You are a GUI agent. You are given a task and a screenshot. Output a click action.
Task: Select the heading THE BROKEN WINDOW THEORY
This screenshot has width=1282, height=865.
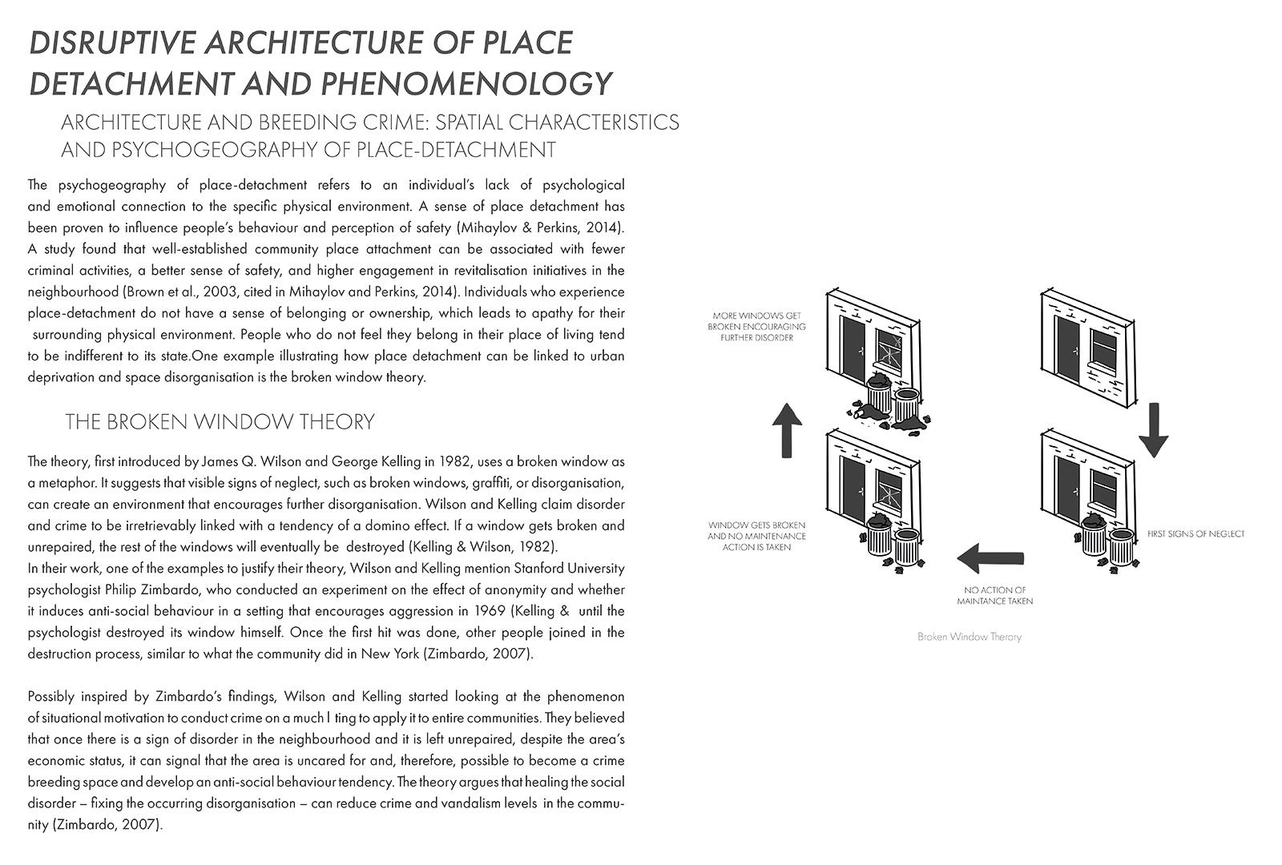coord(220,422)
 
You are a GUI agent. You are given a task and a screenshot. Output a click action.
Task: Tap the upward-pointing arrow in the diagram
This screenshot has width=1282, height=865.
coord(788,430)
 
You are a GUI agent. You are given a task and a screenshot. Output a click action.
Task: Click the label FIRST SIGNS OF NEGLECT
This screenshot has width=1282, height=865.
coord(1195,533)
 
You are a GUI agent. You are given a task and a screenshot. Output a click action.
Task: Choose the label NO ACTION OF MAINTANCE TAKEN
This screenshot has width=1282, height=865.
coord(995,595)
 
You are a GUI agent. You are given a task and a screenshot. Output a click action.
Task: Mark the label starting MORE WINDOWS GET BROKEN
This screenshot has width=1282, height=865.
coord(756,327)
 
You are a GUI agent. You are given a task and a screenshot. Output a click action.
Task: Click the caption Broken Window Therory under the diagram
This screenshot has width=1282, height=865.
coord(970,637)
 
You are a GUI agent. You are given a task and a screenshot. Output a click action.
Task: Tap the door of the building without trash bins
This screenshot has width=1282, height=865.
coord(1066,348)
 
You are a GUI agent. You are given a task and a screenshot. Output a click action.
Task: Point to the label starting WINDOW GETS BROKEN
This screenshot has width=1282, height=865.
coord(756,536)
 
